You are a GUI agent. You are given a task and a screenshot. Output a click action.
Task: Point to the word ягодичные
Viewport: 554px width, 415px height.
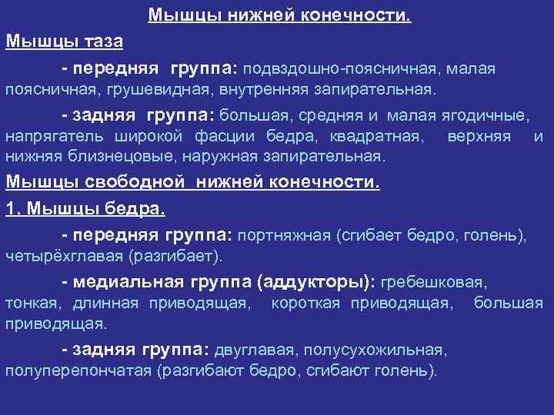tap(482, 116)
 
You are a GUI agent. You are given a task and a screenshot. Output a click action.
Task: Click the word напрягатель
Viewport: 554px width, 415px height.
tap(51, 137)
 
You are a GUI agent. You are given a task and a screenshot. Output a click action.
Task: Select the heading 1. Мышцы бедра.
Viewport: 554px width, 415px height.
tap(86, 209)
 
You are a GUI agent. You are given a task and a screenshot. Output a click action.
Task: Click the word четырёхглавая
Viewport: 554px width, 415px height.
tap(64, 255)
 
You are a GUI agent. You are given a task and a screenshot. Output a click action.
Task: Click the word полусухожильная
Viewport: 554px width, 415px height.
tap(375, 350)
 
